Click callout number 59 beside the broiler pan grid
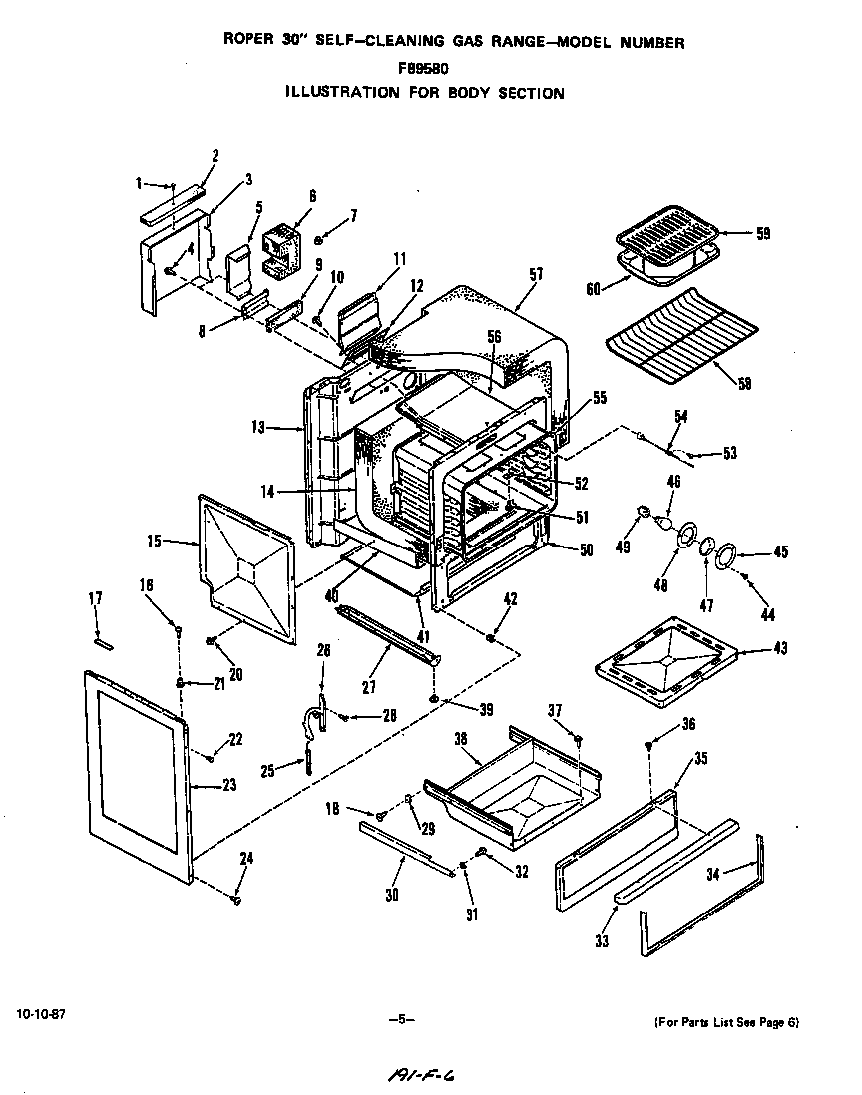762,235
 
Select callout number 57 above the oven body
536,272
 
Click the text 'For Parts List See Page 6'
726,1023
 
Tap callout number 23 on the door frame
229,785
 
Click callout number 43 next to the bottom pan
780,649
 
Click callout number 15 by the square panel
154,542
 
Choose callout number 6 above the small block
312,197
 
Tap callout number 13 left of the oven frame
259,427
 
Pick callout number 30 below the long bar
392,895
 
